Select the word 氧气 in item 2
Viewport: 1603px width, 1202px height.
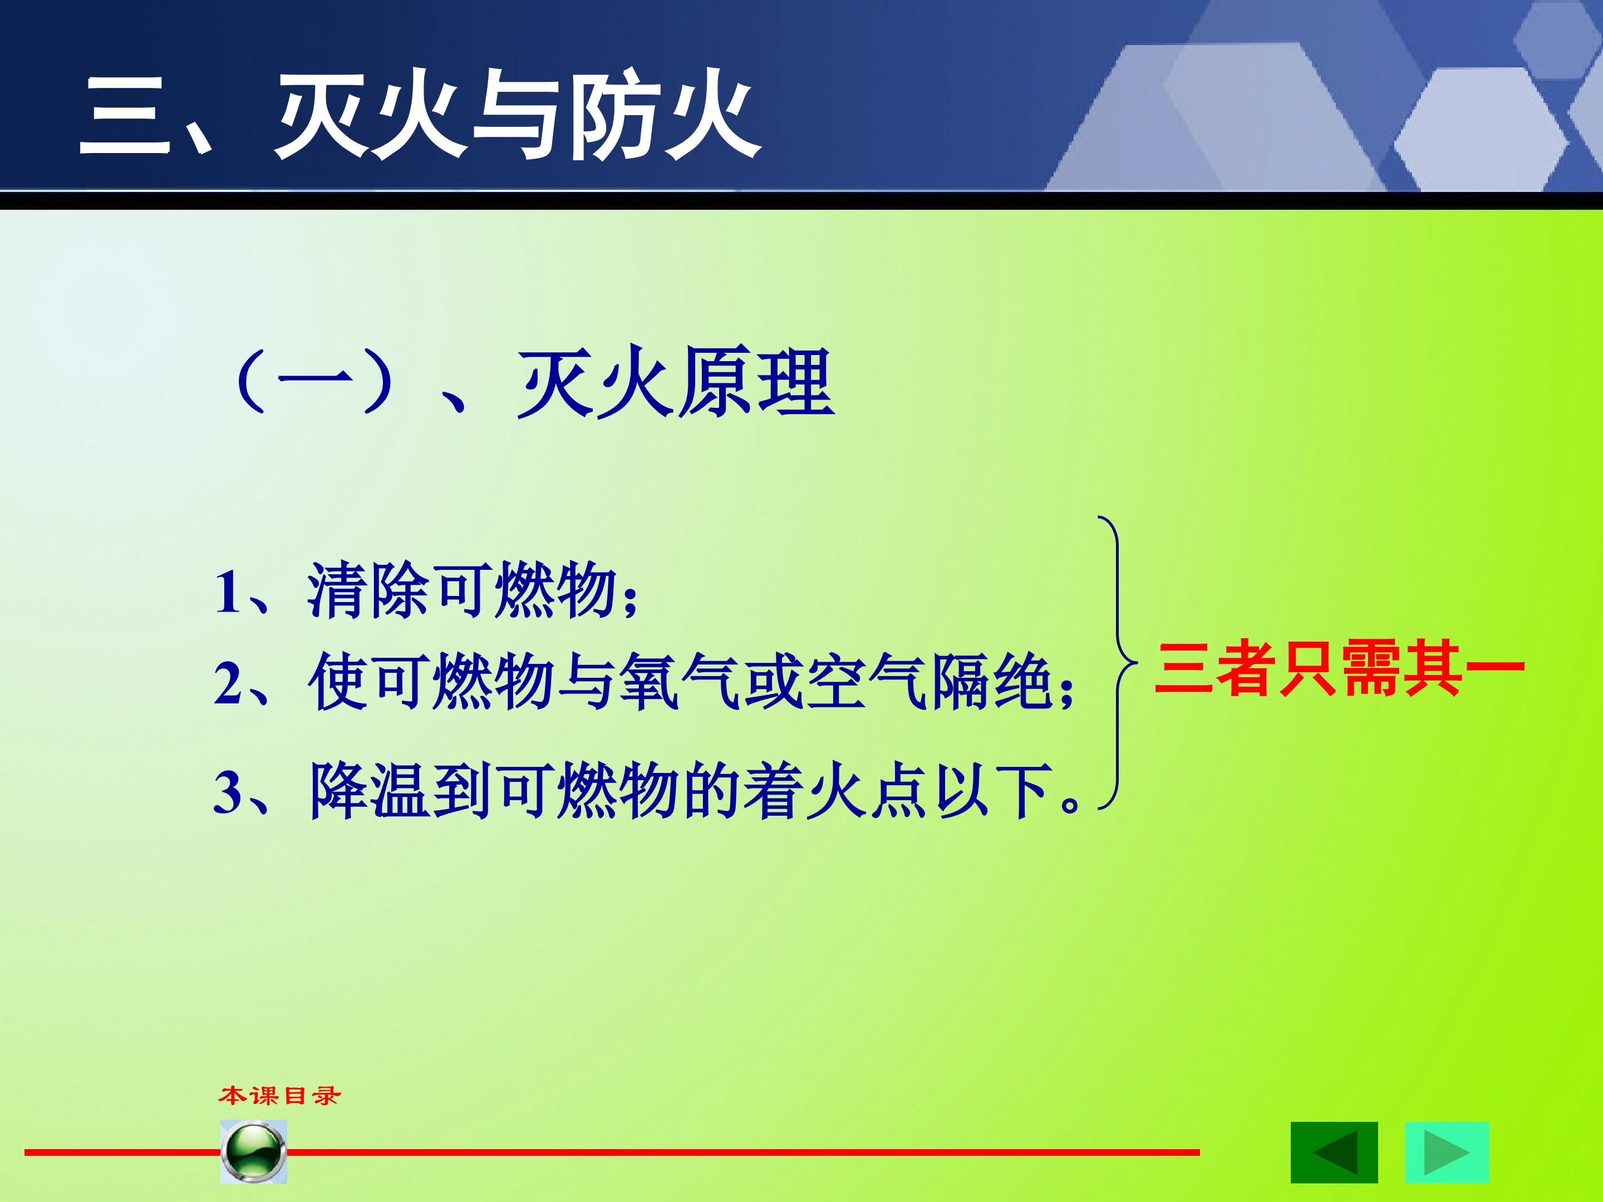[679, 681]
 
